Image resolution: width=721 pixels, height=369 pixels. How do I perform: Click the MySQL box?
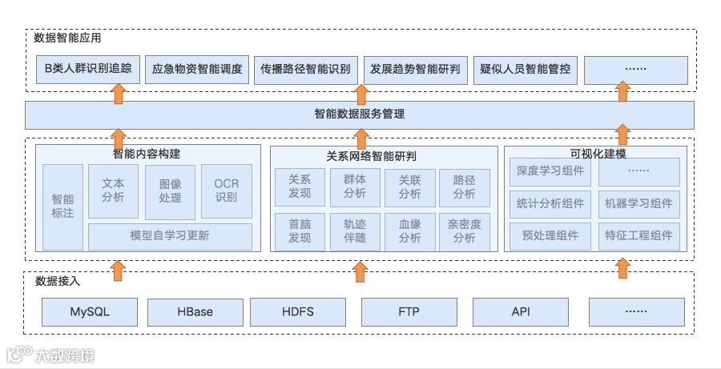click(89, 311)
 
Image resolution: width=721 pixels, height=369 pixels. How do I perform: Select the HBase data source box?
click(195, 311)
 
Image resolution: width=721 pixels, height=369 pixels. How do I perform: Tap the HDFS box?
click(297, 311)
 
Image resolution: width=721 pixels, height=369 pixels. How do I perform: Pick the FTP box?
click(409, 311)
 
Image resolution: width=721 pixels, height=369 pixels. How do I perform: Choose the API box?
click(521, 311)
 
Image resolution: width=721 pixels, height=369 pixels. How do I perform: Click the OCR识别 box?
click(227, 191)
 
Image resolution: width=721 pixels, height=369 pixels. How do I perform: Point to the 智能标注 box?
click(62, 207)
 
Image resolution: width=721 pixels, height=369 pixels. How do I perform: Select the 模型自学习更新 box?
click(170, 236)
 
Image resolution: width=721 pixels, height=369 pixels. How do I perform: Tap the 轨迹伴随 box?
click(355, 231)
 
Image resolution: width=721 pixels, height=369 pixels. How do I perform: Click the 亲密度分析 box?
click(465, 231)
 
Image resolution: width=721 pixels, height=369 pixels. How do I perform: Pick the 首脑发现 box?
click(300, 231)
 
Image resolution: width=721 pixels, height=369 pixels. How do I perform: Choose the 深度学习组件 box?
click(550, 171)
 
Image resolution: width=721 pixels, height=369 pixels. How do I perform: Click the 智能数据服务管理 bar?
click(359, 114)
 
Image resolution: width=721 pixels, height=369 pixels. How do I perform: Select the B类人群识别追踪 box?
click(88, 70)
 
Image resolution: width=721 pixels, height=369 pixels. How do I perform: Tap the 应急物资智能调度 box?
click(197, 70)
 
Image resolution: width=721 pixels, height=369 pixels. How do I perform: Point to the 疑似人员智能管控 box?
click(526, 70)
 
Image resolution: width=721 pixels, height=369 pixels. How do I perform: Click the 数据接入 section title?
click(58, 281)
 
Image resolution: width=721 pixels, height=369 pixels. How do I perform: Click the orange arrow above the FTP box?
click(360, 271)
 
